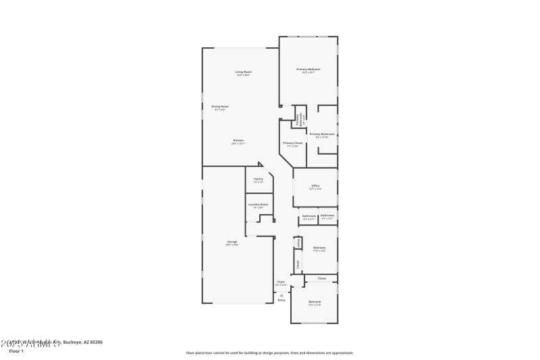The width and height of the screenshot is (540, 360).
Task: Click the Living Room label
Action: coord(243,72)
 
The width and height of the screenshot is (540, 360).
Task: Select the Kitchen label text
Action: coord(238,140)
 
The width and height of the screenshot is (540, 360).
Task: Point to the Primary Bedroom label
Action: coord(308,70)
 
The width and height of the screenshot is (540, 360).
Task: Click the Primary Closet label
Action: coord(293,143)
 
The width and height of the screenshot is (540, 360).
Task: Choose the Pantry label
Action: coord(258,179)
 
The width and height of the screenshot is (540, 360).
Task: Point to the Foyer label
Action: coord(281,282)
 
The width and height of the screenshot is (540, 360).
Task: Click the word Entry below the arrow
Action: coord(281,300)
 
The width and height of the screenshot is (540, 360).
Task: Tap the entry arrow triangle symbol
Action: coord(281,294)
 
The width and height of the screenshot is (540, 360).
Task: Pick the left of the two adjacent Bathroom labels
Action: coord(309,216)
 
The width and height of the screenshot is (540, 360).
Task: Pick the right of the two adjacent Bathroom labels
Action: coord(327,216)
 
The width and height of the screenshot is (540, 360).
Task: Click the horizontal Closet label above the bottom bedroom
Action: coord(322,278)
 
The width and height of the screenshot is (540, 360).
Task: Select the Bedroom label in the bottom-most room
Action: coord(315,301)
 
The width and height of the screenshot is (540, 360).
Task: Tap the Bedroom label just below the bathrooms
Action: coord(319,248)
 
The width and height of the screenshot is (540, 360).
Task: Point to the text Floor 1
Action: coord(16,351)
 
